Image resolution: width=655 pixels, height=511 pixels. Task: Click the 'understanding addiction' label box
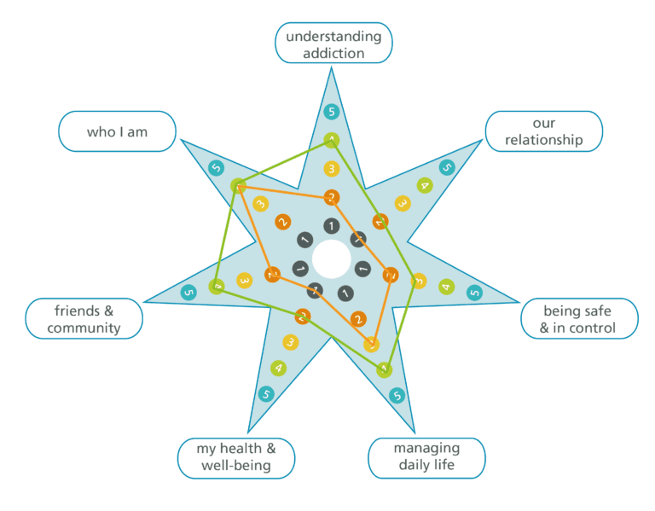point(333,44)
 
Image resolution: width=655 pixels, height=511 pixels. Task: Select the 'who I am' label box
point(117,132)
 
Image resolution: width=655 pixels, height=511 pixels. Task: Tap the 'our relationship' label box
point(543,131)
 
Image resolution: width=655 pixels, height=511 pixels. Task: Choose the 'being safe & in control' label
point(579,319)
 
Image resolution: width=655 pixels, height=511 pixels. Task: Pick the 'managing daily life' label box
point(426,457)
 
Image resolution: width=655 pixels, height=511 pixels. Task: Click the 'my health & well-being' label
point(236,458)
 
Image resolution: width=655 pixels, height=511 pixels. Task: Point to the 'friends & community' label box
point(84,318)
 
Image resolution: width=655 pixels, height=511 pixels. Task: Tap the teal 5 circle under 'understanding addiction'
point(332,112)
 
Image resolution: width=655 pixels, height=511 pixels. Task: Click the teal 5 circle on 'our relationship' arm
point(447,167)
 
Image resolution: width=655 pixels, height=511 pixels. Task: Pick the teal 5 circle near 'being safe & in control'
point(474,293)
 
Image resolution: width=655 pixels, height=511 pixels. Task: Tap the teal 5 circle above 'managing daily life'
point(396,396)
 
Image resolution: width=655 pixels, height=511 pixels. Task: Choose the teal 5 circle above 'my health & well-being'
point(266,394)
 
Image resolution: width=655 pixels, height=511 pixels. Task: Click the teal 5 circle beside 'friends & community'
point(188,293)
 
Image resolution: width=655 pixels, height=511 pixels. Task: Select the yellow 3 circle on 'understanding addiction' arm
point(332,169)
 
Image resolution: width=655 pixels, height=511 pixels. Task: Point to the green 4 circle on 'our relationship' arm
point(424,185)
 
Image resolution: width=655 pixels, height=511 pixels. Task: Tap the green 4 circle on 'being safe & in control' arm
point(446,287)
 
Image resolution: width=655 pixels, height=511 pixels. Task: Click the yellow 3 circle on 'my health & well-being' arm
point(291,342)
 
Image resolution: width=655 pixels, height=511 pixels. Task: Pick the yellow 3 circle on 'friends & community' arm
point(244,279)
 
